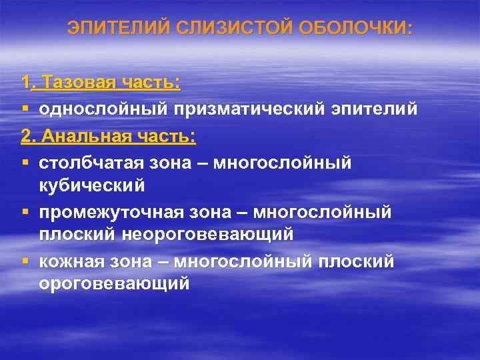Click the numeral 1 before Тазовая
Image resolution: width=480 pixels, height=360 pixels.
click(25, 83)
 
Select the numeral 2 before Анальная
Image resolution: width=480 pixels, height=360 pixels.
click(26, 137)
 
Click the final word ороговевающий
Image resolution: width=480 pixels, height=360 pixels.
click(114, 284)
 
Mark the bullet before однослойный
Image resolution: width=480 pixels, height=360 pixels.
click(25, 109)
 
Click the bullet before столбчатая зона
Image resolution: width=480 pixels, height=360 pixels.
click(25, 163)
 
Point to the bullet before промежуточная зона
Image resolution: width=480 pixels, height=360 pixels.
click(25, 211)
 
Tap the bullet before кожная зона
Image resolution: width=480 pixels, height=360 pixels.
click(25, 261)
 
